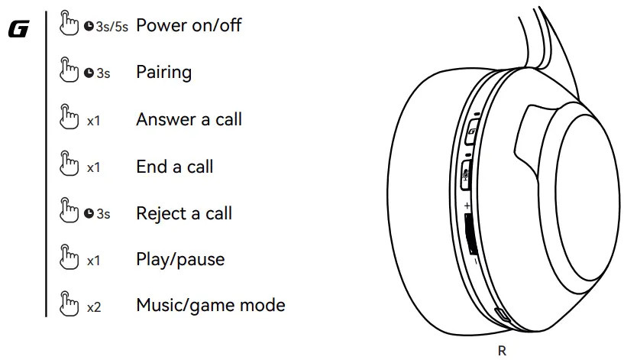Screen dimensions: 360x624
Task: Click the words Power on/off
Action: point(188,25)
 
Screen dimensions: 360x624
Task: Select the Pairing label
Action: point(163,73)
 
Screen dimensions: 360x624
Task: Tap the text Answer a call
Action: point(189,119)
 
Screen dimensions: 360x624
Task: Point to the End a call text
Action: point(174,167)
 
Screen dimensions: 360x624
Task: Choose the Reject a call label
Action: point(183,213)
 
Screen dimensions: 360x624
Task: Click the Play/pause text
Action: point(180,259)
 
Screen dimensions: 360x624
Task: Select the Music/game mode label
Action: point(210,306)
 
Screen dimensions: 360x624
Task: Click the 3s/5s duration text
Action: point(112,26)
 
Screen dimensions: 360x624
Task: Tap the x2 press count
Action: point(94,307)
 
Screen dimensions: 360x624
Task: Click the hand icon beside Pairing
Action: point(70,72)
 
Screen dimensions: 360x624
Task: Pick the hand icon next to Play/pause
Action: point(70,259)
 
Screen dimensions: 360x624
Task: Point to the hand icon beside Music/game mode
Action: point(70,306)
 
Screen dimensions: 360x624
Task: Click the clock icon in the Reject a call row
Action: point(89,214)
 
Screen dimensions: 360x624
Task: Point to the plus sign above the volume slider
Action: point(467,206)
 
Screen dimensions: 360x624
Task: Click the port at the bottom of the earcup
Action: point(500,316)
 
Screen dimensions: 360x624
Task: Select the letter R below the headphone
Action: point(501,351)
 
